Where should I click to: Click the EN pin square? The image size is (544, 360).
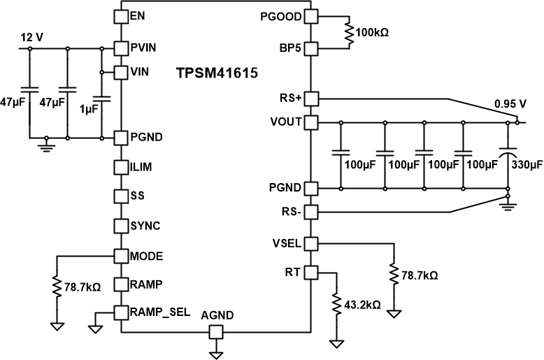[121, 15]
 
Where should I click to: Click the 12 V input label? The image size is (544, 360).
[31, 37]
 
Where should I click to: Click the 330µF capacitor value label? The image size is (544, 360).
[527, 166]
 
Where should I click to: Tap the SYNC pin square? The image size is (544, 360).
[121, 225]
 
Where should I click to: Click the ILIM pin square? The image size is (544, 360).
[121, 167]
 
